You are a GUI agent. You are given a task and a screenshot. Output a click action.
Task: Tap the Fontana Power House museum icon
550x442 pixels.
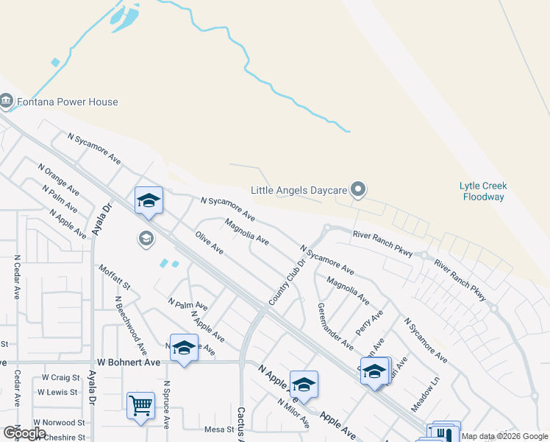coord(7,100)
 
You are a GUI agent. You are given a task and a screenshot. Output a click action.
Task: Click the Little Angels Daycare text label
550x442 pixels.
coord(299,190)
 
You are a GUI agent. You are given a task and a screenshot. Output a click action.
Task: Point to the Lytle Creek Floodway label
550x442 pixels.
coord(483,192)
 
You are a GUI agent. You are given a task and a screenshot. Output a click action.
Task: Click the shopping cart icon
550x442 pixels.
coord(140,405)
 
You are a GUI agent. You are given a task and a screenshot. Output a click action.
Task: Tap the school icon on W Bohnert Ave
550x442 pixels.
coord(184,348)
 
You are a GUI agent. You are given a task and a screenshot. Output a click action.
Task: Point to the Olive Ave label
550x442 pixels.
coord(210,242)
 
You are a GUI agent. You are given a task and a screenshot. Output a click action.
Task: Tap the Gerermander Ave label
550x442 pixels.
coord(335,326)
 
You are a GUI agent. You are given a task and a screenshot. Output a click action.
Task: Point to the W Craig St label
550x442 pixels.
coord(60,377)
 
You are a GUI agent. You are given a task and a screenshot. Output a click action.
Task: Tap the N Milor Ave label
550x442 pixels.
coord(293,413)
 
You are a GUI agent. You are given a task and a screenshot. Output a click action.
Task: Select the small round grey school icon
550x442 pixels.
coord(146,238)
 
